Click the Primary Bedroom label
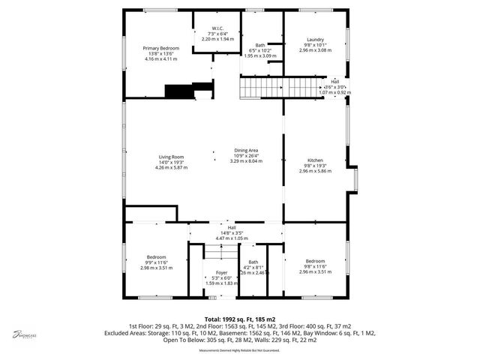[x=161, y=48]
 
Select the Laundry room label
[x=315, y=39]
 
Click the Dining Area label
[x=246, y=151]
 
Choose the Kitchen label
[x=315, y=160]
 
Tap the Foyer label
[x=221, y=272]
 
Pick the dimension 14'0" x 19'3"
[x=171, y=163]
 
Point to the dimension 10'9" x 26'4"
[x=246, y=157]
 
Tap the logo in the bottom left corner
[x=24, y=334]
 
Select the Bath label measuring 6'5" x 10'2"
[x=259, y=45]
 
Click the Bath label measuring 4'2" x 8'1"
[x=253, y=262]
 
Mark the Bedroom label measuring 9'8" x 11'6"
[x=315, y=261]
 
